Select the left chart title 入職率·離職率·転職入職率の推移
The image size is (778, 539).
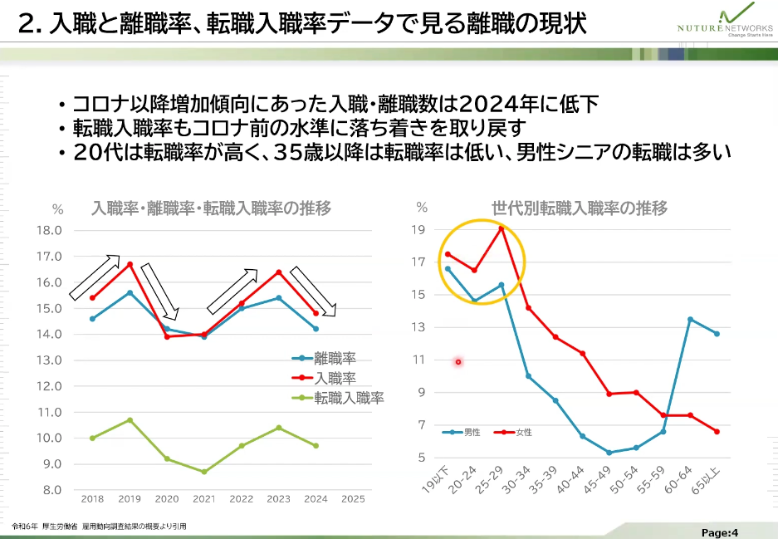pos(212,208)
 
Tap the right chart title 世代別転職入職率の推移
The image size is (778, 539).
pos(580,208)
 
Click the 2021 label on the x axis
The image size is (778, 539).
pos(204,499)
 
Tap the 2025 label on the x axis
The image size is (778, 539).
pos(353,499)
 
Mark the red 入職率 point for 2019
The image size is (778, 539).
pos(130,264)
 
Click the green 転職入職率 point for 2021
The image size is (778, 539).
pos(204,472)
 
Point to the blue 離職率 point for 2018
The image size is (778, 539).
pos(92,319)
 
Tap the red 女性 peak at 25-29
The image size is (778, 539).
pos(501,228)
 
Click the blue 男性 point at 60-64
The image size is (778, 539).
pos(690,319)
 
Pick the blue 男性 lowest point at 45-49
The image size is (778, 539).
pos(609,453)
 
